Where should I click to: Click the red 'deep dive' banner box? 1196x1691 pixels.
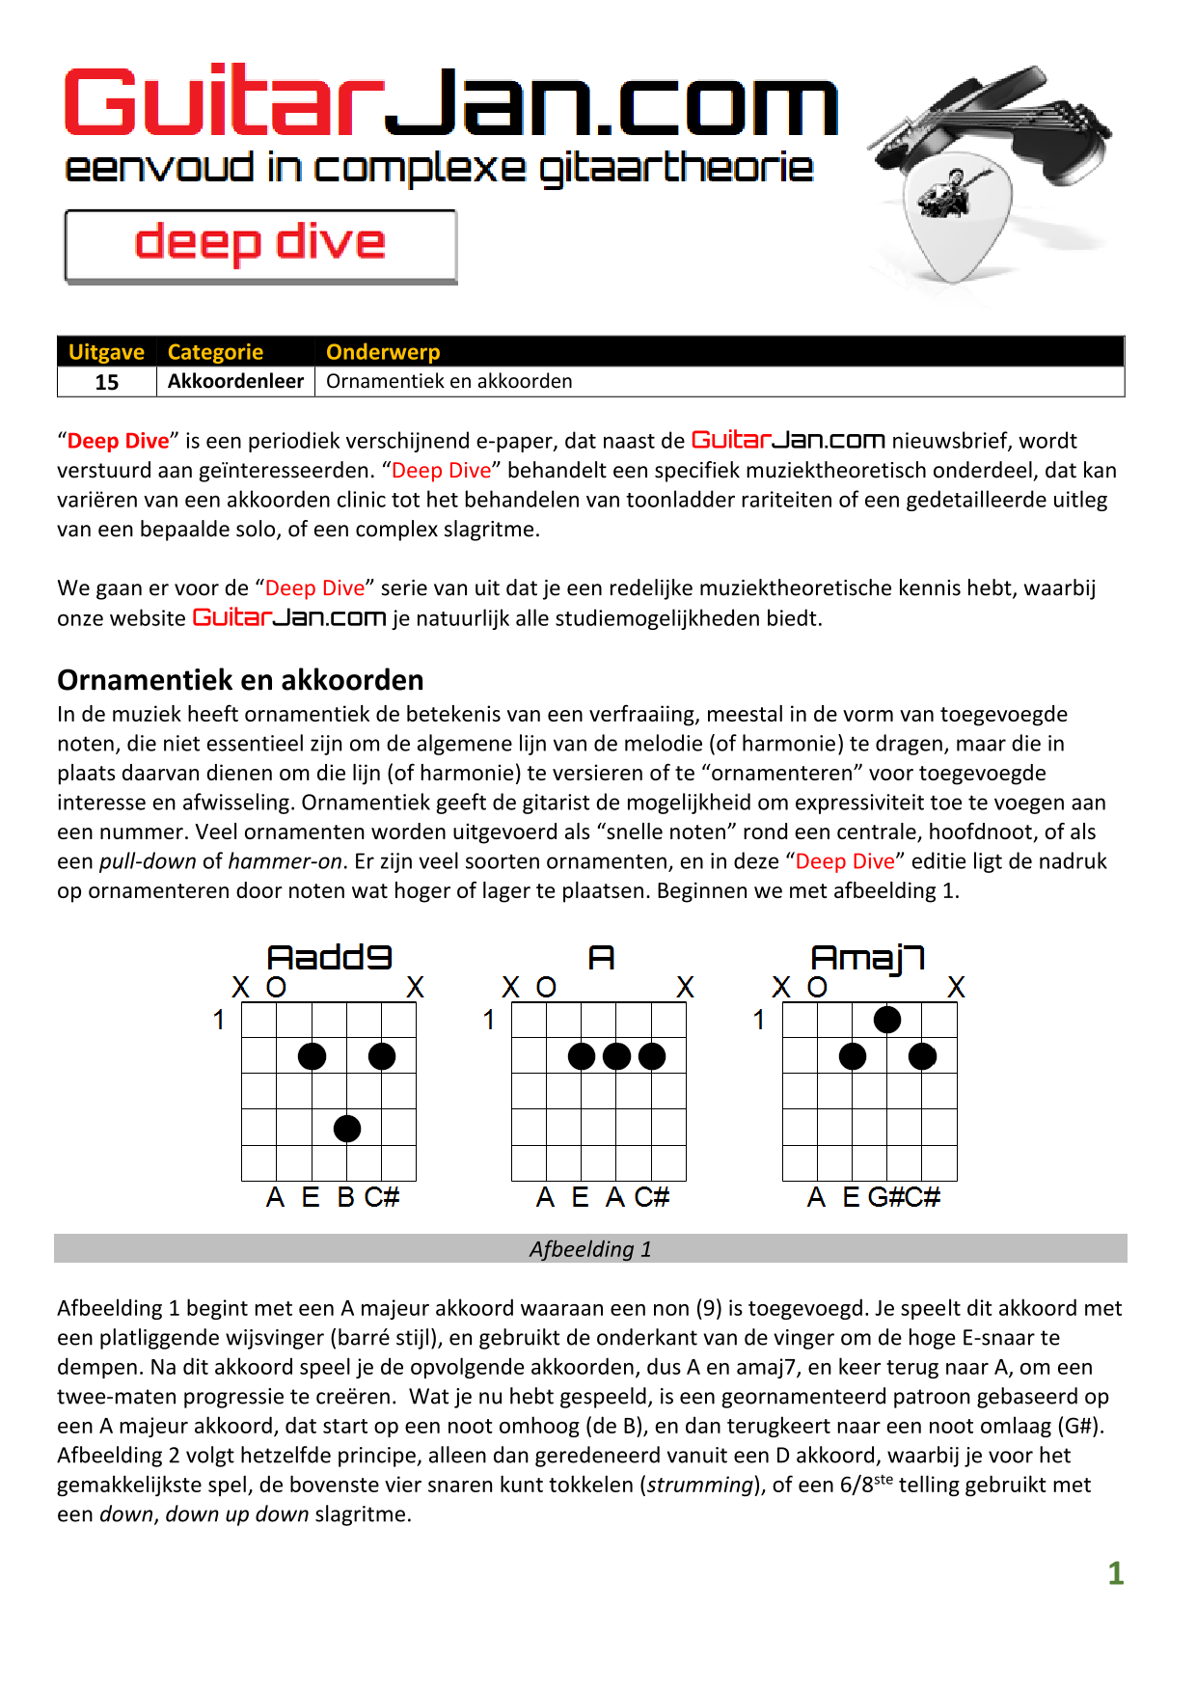pyautogui.click(x=260, y=246)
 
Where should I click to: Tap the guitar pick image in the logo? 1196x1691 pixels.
pyautogui.click(x=955, y=217)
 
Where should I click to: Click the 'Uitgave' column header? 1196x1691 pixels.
pyautogui.click(x=106, y=352)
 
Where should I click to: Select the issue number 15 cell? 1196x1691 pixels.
pyautogui.click(x=107, y=382)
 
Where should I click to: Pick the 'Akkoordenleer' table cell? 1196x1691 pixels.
pyautogui.click(x=235, y=381)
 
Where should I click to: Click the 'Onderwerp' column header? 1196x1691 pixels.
pyautogui.click(x=383, y=352)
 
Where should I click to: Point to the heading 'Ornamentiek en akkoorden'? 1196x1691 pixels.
pyautogui.click(x=240, y=680)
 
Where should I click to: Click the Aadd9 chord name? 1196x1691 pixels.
pyautogui.click(x=329, y=957)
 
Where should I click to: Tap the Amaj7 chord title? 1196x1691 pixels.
pyautogui.click(x=868, y=957)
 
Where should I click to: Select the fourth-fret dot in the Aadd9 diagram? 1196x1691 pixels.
pyautogui.click(x=347, y=1128)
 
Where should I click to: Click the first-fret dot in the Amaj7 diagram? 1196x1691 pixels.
pyautogui.click(x=887, y=1020)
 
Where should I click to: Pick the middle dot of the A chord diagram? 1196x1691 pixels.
pyautogui.click(x=616, y=1056)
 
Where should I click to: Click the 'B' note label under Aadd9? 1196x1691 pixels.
pyautogui.click(x=345, y=1197)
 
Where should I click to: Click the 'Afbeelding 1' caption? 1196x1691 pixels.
pyautogui.click(x=590, y=1249)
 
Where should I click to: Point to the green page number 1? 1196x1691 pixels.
pyautogui.click(x=1116, y=1573)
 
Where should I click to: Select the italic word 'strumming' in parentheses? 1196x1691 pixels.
pyautogui.click(x=699, y=1485)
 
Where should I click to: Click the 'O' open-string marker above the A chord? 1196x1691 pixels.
pyautogui.click(x=547, y=987)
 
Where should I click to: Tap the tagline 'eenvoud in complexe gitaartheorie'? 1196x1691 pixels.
pyautogui.click(x=439, y=169)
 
